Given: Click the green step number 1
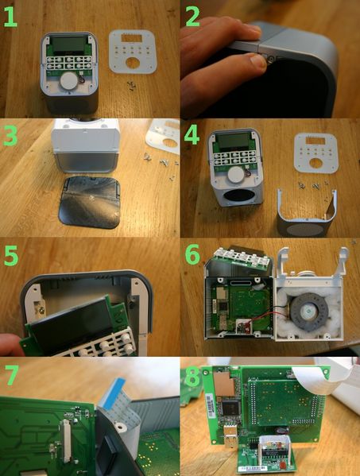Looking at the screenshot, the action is pyautogui.click(x=10, y=17).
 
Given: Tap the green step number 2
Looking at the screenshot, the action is pyautogui.click(x=192, y=16).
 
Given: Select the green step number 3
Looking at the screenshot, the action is pyautogui.click(x=10, y=135).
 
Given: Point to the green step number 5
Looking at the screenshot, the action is pyautogui.click(x=11, y=255).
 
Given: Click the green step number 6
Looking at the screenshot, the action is pyautogui.click(x=192, y=253).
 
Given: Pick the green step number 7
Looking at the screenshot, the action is pyautogui.click(x=11, y=375).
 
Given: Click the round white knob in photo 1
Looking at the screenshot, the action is pyautogui.click(x=69, y=81).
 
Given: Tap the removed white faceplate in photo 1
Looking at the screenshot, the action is pyautogui.click(x=133, y=52).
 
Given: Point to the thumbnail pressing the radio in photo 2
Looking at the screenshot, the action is pyautogui.click(x=257, y=61).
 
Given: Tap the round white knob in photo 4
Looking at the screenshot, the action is pyautogui.click(x=236, y=175).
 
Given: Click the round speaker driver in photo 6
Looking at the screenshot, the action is pyautogui.click(x=309, y=312).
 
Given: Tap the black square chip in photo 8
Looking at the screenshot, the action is pyautogui.click(x=230, y=408).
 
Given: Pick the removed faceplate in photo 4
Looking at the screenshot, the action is pyautogui.click(x=316, y=153).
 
